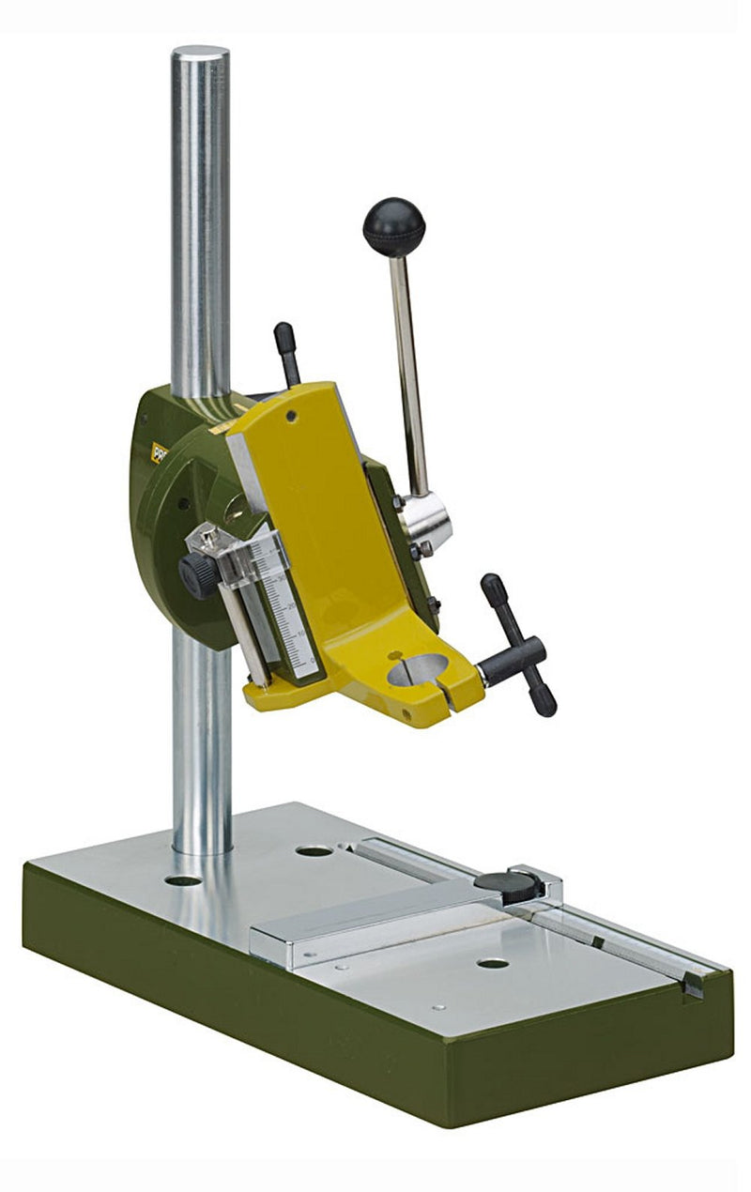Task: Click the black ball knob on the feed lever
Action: (393, 226)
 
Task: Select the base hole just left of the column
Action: (182, 880)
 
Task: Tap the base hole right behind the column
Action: (314, 851)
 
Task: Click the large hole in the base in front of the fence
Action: (491, 963)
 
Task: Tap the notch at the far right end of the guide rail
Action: (692, 985)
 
